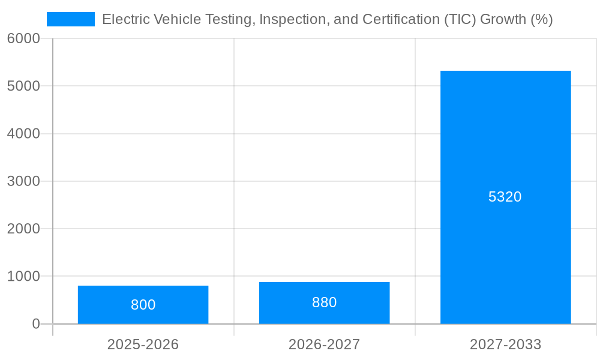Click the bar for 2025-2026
point(143,294)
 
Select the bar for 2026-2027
point(324,288)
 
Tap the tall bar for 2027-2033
point(505,150)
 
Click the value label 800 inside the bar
point(143,305)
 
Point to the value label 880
point(324,302)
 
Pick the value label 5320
point(505,197)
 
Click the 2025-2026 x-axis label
point(143,344)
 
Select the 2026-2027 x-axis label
point(324,344)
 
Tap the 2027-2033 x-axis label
point(505,344)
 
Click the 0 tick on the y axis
point(35,324)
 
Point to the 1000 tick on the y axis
point(23,277)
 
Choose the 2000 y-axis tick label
point(23,229)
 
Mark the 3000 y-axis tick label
point(23,181)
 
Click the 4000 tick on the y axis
point(23,134)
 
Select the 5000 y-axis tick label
point(23,86)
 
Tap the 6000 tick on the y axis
point(23,38)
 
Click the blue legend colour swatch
point(71,19)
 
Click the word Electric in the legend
point(124,19)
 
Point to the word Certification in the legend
point(400,19)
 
